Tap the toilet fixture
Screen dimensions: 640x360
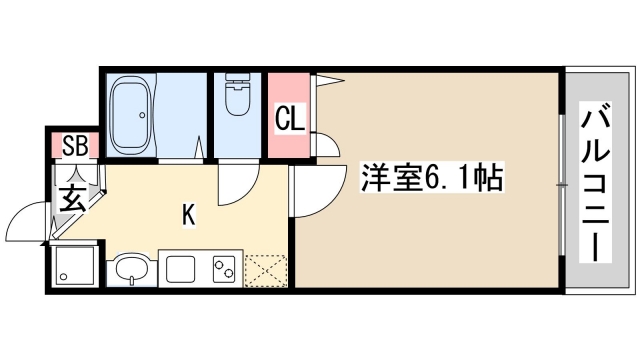click(x=238, y=101)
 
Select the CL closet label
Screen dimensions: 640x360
click(x=289, y=119)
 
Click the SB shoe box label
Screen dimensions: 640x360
click(x=75, y=146)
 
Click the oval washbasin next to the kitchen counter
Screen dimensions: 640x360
click(x=130, y=269)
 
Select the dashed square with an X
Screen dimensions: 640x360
click(x=265, y=269)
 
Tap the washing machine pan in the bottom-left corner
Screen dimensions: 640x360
click(x=73, y=266)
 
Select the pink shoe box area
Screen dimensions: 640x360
click(x=75, y=146)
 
